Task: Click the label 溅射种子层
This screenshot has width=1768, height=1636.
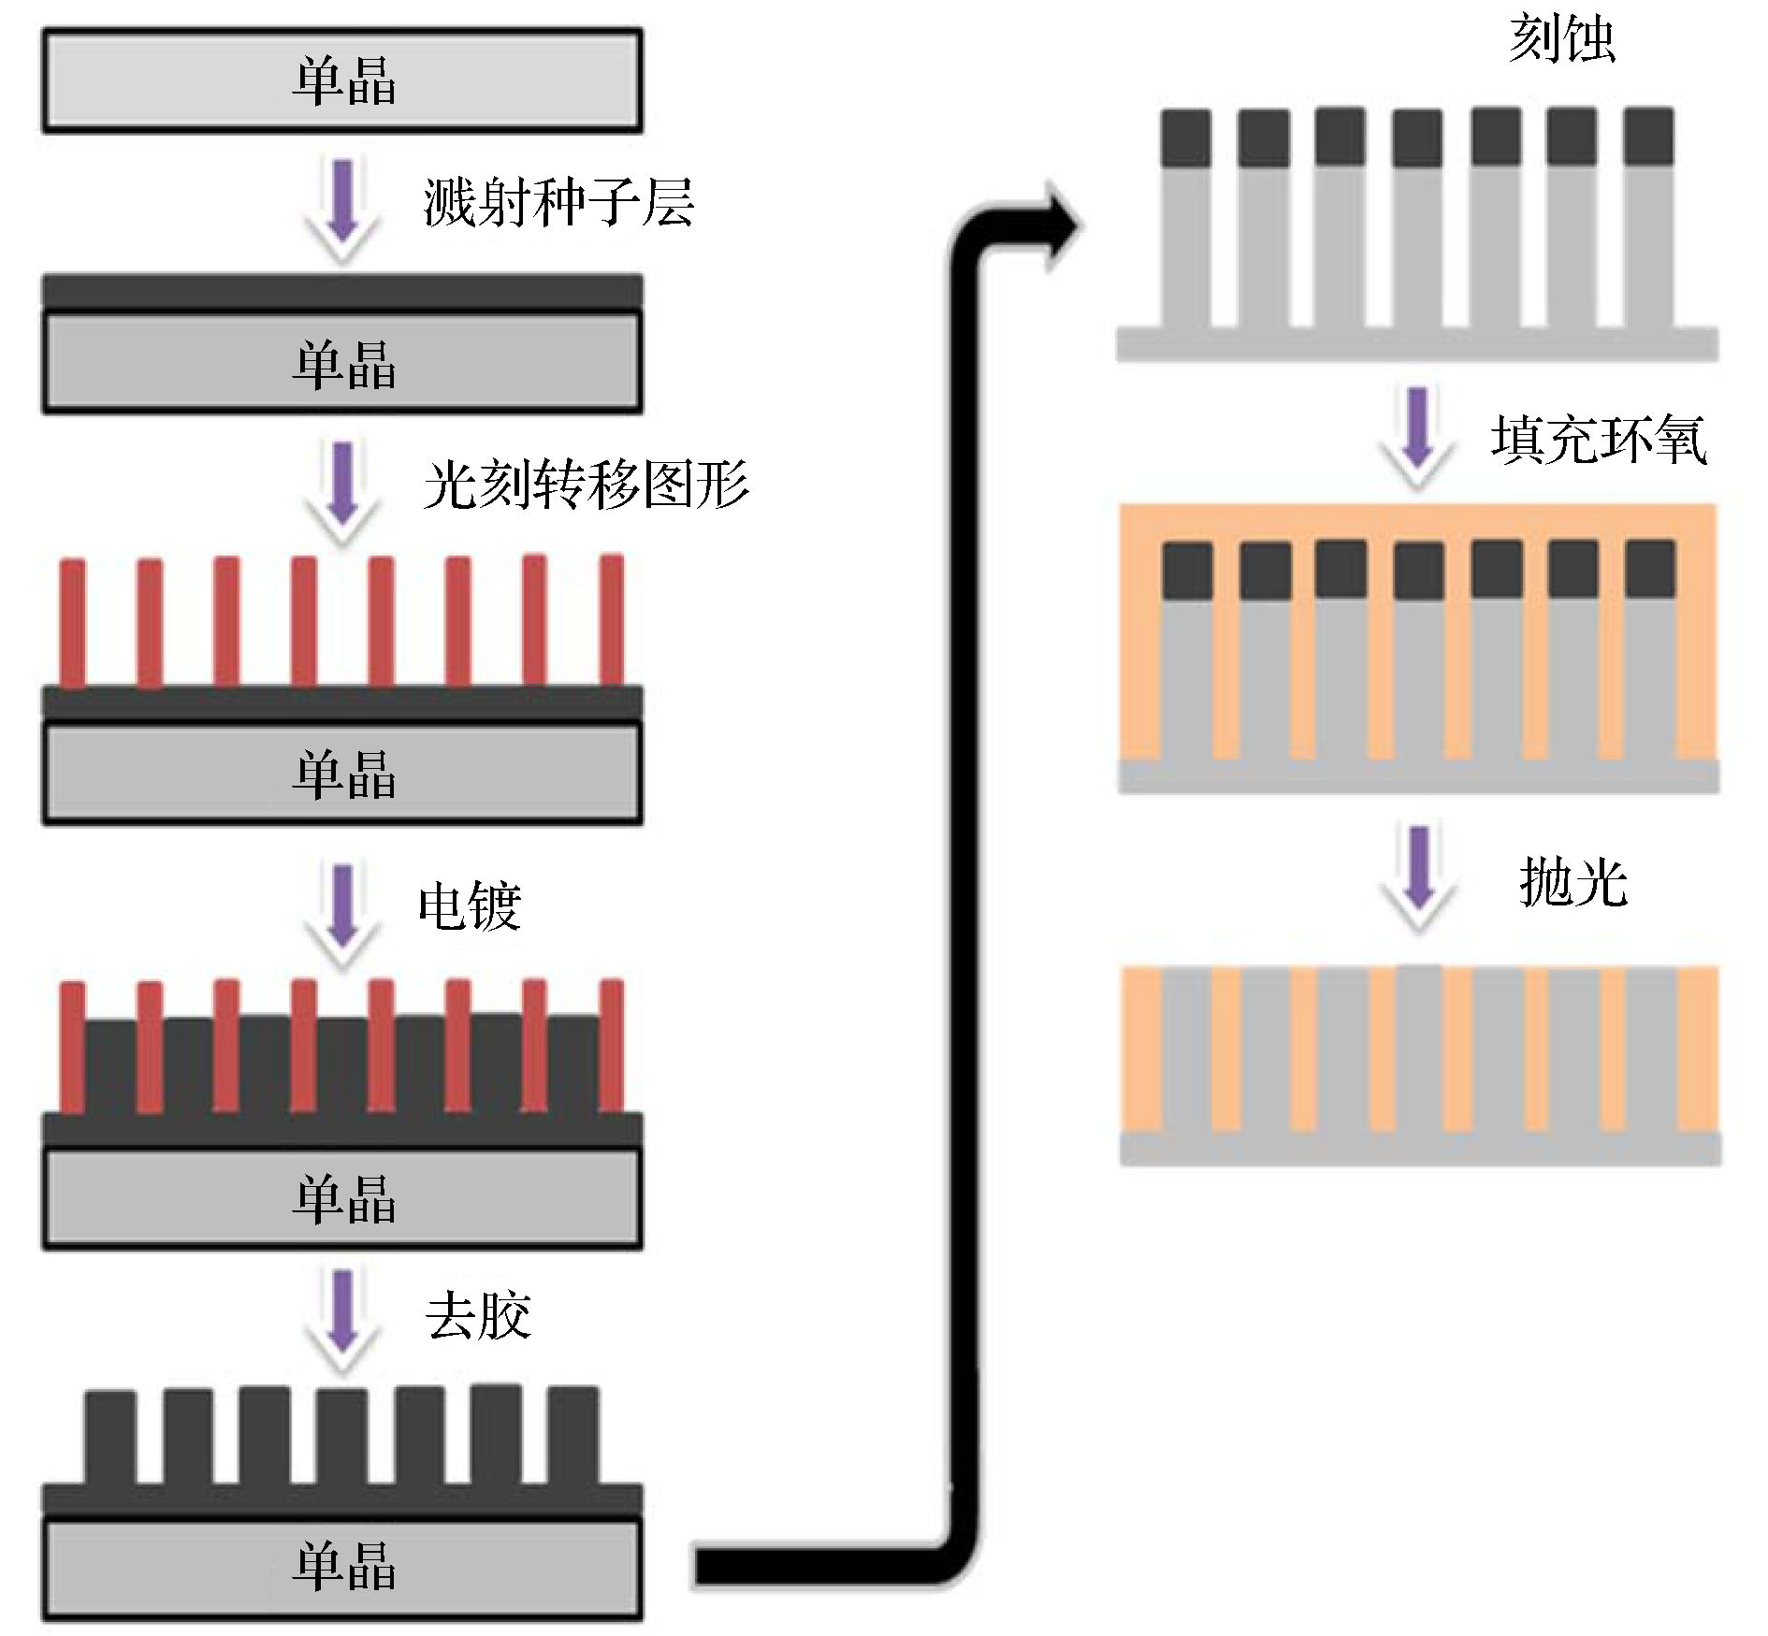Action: click(x=558, y=203)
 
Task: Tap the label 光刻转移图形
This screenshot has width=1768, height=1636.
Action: click(x=586, y=485)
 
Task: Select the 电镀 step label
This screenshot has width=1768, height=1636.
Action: click(x=469, y=905)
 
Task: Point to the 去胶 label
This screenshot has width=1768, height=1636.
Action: click(x=478, y=1315)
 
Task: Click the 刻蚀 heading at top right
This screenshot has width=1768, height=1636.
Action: click(x=1561, y=39)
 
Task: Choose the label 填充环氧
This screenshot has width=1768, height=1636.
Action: click(x=1599, y=440)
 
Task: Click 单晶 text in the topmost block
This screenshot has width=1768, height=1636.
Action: click(x=343, y=81)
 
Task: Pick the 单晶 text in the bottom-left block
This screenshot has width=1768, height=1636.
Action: click(x=343, y=1565)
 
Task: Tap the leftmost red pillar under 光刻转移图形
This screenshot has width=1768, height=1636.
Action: click(x=73, y=623)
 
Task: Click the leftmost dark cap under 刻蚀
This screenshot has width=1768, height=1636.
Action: click(x=1186, y=138)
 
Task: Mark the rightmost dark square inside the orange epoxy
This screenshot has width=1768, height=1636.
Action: click(x=1649, y=569)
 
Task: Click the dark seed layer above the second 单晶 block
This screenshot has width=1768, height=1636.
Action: click(x=342, y=292)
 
